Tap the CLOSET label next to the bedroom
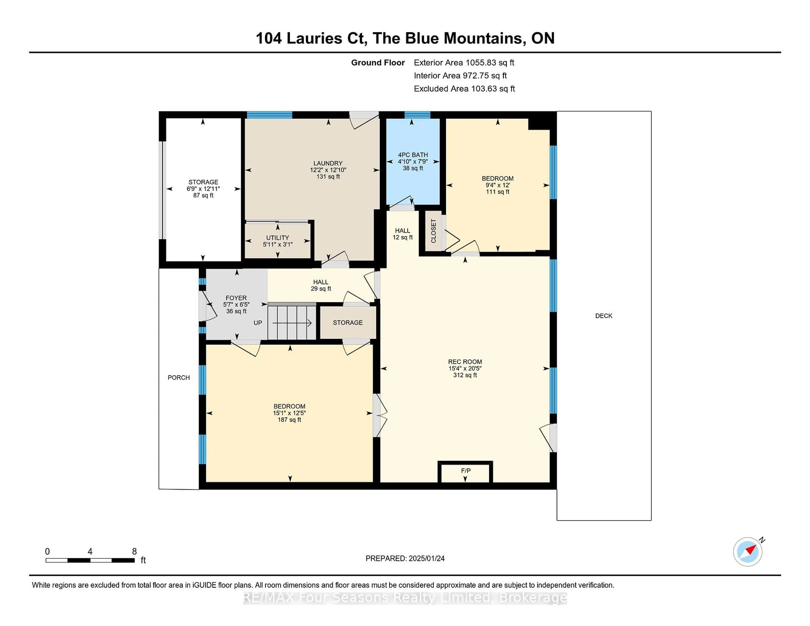pos(433,231)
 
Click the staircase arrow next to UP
pos(292,323)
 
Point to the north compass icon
pos(747,552)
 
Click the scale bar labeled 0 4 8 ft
pos(90,560)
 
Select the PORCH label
pos(178,378)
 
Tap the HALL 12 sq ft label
pos(402,234)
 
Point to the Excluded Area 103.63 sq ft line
pos(464,89)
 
